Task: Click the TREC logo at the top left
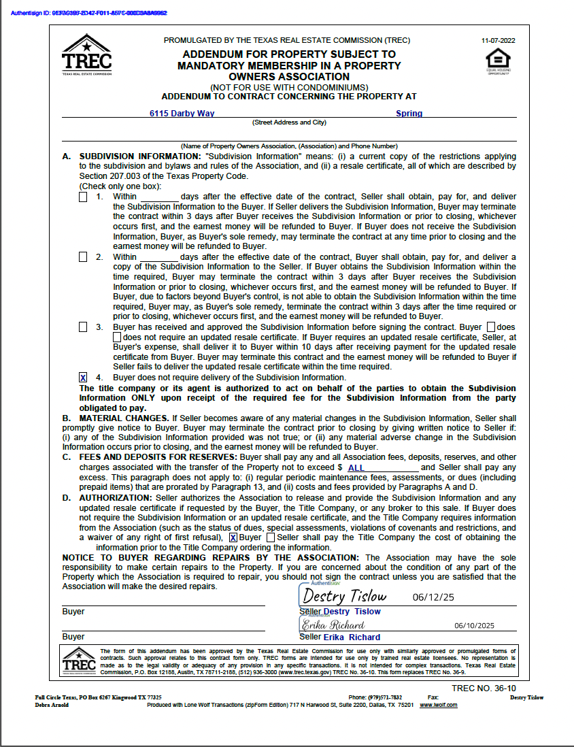(86, 55)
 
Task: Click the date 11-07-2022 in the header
(498, 40)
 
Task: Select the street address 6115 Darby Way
(182, 114)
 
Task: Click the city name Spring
(409, 114)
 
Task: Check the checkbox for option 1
(83, 197)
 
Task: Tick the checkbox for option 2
(83, 257)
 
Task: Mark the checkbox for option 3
(83, 327)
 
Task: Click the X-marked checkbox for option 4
(83, 378)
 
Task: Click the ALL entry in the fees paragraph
(356, 468)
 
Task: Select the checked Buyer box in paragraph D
(233, 537)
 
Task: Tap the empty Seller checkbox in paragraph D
(271, 537)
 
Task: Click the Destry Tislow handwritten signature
(344, 597)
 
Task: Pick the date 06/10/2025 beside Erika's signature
(474, 626)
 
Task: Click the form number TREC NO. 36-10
(484, 688)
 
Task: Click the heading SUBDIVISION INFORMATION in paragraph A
(139, 156)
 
